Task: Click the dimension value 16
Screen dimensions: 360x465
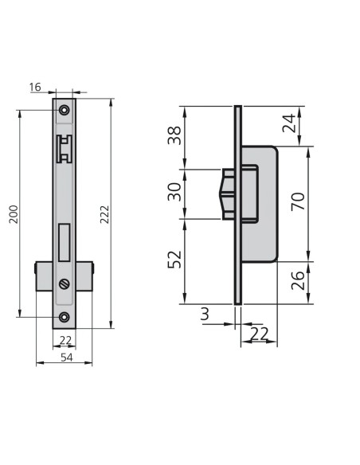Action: pyautogui.click(x=35, y=88)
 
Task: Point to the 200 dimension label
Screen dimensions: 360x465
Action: pyautogui.click(x=14, y=214)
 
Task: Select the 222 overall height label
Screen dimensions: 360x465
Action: pyautogui.click(x=104, y=214)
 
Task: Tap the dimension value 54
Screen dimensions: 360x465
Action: pyautogui.click(x=66, y=358)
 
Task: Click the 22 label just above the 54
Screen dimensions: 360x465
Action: pyautogui.click(x=65, y=341)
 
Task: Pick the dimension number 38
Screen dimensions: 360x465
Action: pyautogui.click(x=174, y=135)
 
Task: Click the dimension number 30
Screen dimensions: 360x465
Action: pyautogui.click(x=174, y=192)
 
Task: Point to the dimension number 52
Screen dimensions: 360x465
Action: pyautogui.click(x=174, y=260)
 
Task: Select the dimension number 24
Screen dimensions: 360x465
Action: pyautogui.click(x=289, y=123)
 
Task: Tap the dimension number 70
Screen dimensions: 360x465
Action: pyautogui.click(x=298, y=201)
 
